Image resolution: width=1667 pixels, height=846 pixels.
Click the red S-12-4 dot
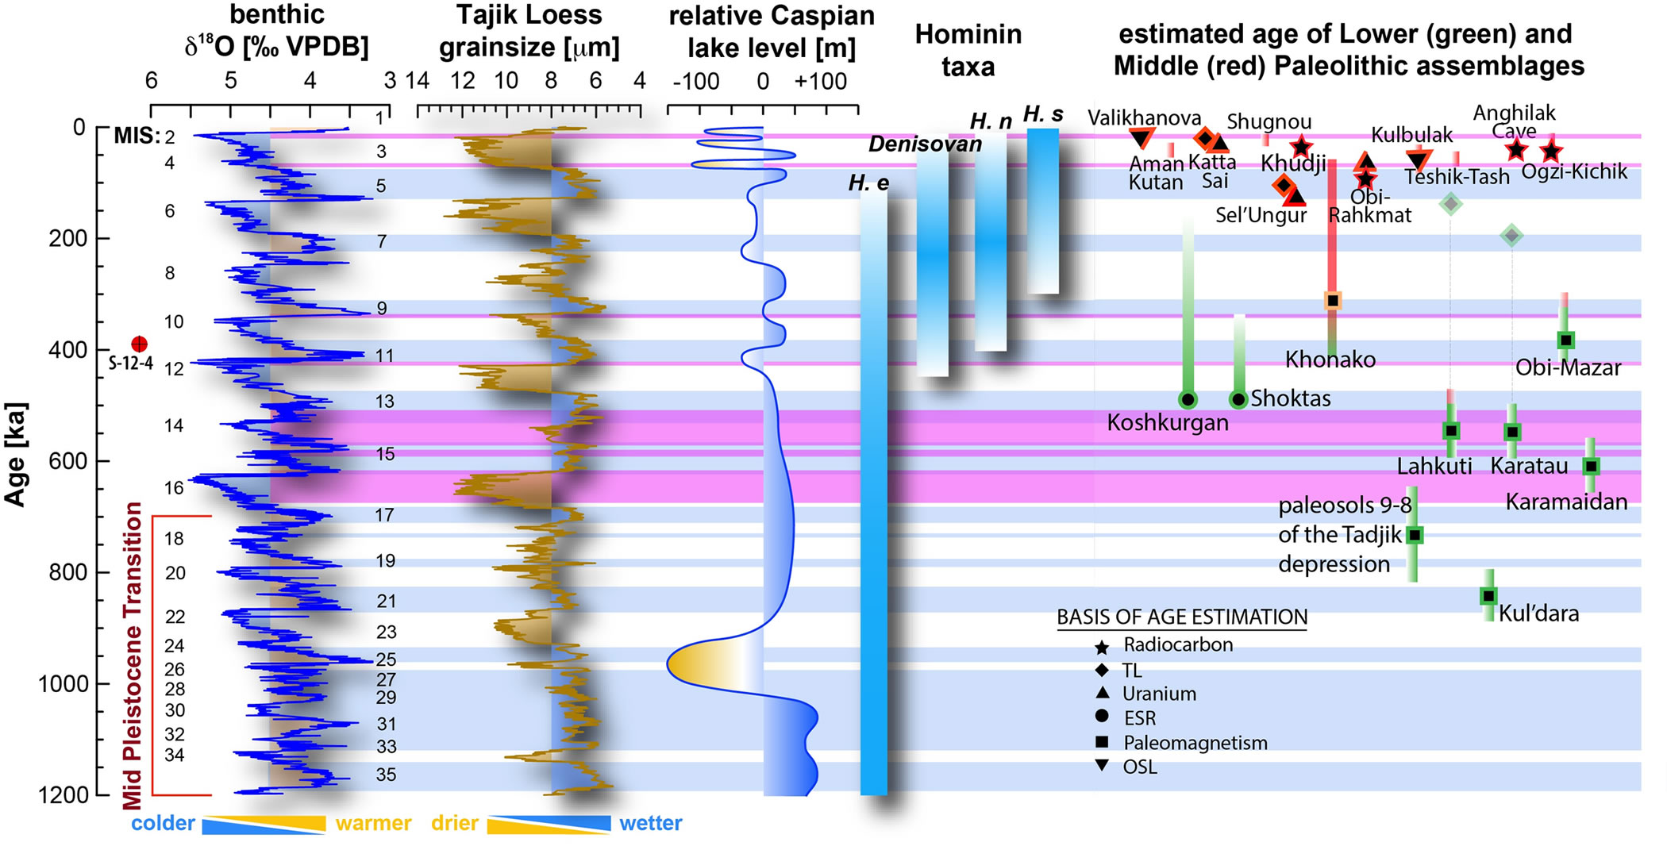[x=139, y=344]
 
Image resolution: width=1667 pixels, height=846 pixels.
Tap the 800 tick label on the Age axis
[x=67, y=572]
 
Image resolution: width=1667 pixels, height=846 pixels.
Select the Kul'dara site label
[x=1538, y=613]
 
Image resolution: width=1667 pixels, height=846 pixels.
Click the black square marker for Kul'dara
[x=1488, y=596]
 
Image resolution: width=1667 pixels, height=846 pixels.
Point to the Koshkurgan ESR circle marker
[x=1188, y=399]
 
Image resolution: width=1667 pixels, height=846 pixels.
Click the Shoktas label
[x=1290, y=398]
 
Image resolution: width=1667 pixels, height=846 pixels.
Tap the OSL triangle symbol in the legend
[x=1102, y=766]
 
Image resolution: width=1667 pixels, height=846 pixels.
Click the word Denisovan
[x=925, y=144]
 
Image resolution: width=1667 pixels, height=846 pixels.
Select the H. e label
[x=868, y=183]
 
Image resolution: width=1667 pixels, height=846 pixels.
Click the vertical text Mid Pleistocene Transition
[x=133, y=655]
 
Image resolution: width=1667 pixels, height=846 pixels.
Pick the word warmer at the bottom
[x=373, y=823]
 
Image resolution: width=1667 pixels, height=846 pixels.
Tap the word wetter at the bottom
[x=650, y=823]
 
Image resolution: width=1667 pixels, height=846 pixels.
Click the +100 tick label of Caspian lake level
[x=821, y=81]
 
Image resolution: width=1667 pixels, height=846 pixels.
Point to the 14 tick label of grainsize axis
[x=418, y=81]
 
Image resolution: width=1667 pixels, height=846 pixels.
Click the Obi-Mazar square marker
[x=1565, y=340]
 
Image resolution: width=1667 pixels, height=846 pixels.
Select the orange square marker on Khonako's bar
[x=1333, y=301]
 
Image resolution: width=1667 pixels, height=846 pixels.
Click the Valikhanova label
[x=1144, y=118]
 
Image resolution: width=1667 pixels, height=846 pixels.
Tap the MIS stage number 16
[x=174, y=487]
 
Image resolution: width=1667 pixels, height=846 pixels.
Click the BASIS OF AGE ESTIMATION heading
[x=1182, y=617]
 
